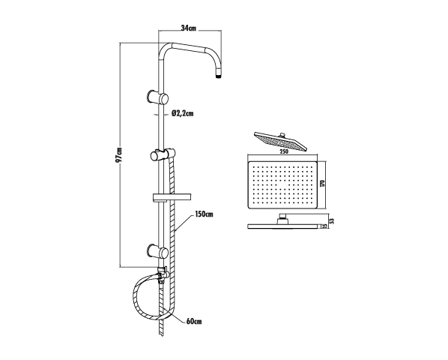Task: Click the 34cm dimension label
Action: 189,28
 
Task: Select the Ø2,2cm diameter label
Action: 183,113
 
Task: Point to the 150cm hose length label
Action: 204,214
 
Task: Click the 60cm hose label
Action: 194,322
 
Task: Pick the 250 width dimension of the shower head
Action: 284,151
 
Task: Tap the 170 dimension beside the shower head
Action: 323,183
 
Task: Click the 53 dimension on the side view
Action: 331,221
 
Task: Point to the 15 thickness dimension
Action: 324,226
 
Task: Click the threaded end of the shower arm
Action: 218,76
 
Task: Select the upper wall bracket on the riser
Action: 157,97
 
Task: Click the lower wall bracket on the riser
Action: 157,252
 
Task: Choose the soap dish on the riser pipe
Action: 172,198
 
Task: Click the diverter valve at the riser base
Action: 163,274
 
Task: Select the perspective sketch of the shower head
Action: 281,141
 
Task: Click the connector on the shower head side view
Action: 282,219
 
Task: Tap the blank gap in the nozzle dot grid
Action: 283,187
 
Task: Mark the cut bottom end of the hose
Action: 162,335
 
